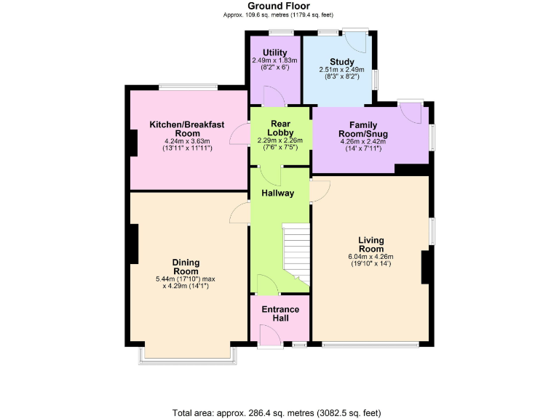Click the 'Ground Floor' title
pos(279,7)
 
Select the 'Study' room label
pos(341,61)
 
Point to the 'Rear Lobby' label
pos(280,128)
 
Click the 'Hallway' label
pos(278,193)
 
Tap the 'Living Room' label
pos(370,244)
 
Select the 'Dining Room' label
pos(186,267)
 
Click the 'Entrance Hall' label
pos(280,314)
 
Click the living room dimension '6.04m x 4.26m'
pos(370,256)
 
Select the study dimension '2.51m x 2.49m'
pos(341,70)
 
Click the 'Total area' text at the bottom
pos(277,412)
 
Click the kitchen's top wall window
pos(188,88)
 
